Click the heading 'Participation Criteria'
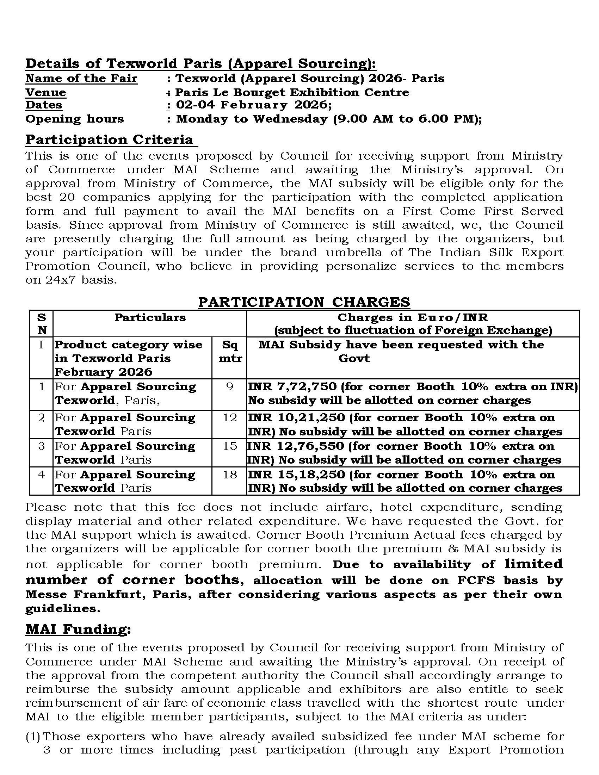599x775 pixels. click(x=109, y=139)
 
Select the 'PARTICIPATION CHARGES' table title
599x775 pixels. click(x=304, y=302)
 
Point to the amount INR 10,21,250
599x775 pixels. click(x=296, y=418)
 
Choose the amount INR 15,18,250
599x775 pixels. click(x=296, y=475)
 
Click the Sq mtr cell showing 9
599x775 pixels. click(x=229, y=386)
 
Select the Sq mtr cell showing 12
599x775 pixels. click(x=229, y=418)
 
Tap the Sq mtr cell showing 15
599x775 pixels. click(x=229, y=446)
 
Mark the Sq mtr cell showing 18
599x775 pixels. click(x=229, y=475)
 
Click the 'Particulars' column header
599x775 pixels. click(x=150, y=317)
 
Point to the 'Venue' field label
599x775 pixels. click(x=46, y=93)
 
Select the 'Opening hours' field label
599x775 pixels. click(x=74, y=119)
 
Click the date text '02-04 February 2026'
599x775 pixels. click(x=253, y=105)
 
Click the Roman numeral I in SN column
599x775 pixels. click(x=41, y=345)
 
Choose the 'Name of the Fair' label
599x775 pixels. click(x=81, y=79)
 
